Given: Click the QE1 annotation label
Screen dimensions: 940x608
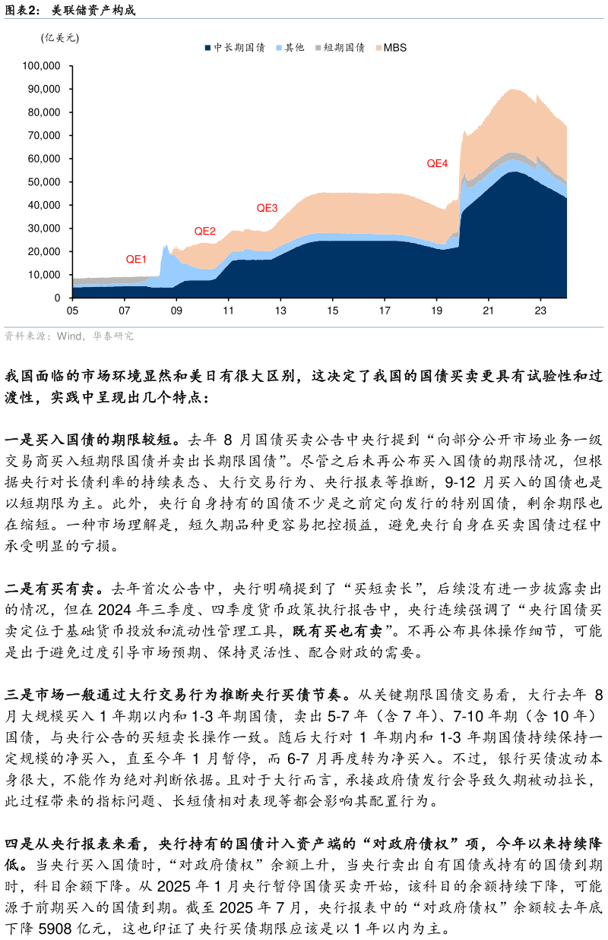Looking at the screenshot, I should point(136,259).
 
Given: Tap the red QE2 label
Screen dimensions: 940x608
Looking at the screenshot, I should point(204,232).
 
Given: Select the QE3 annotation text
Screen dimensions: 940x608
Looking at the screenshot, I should point(267,208).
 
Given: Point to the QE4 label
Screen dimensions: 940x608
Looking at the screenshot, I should point(437,163).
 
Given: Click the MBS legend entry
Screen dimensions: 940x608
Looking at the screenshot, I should point(394,48).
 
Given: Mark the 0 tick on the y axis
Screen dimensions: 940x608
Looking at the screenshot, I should point(57,298).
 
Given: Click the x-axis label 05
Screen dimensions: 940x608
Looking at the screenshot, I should point(73,311).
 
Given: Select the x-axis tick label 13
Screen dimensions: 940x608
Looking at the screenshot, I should point(280,311).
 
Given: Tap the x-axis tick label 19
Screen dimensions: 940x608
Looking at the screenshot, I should point(436,311).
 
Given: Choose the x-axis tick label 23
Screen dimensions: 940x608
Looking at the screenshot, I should point(540,311).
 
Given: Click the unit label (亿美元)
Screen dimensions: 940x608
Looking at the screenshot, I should point(60,38).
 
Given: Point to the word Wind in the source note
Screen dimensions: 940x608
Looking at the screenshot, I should point(70,336).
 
